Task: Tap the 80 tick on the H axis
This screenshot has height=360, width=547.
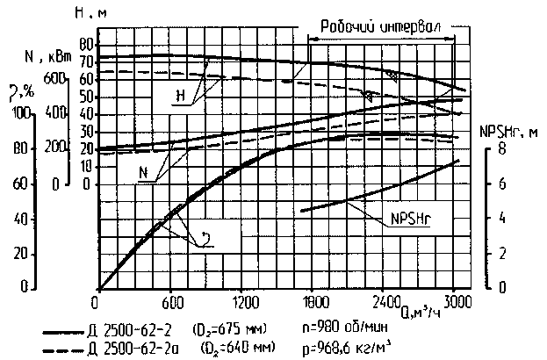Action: [x=85, y=42]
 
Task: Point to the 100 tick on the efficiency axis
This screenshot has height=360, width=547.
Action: [x=19, y=113]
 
